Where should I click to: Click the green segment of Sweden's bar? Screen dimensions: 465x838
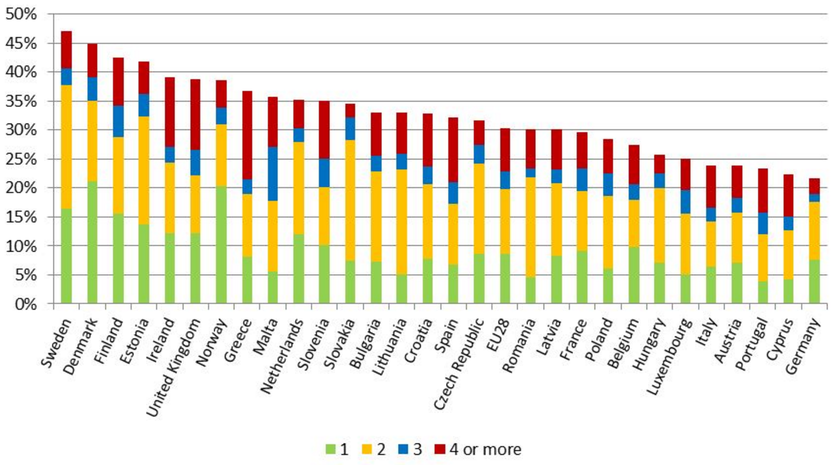66,256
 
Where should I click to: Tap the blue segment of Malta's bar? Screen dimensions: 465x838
273,173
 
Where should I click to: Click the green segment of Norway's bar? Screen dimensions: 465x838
221,245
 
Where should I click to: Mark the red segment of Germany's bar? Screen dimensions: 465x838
814,186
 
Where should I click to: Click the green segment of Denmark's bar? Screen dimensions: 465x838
92,242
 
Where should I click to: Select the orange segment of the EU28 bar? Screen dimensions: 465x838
505,221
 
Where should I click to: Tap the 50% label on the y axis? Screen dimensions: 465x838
22,15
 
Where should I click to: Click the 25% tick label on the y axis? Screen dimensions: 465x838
22,159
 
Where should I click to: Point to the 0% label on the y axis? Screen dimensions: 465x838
25,304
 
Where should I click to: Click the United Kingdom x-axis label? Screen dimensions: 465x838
173,366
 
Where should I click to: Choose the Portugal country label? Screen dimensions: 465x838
751,345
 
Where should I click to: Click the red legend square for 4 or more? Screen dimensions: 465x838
440,449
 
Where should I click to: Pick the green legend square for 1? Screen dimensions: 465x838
330,449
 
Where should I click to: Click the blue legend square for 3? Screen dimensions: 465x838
403,449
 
